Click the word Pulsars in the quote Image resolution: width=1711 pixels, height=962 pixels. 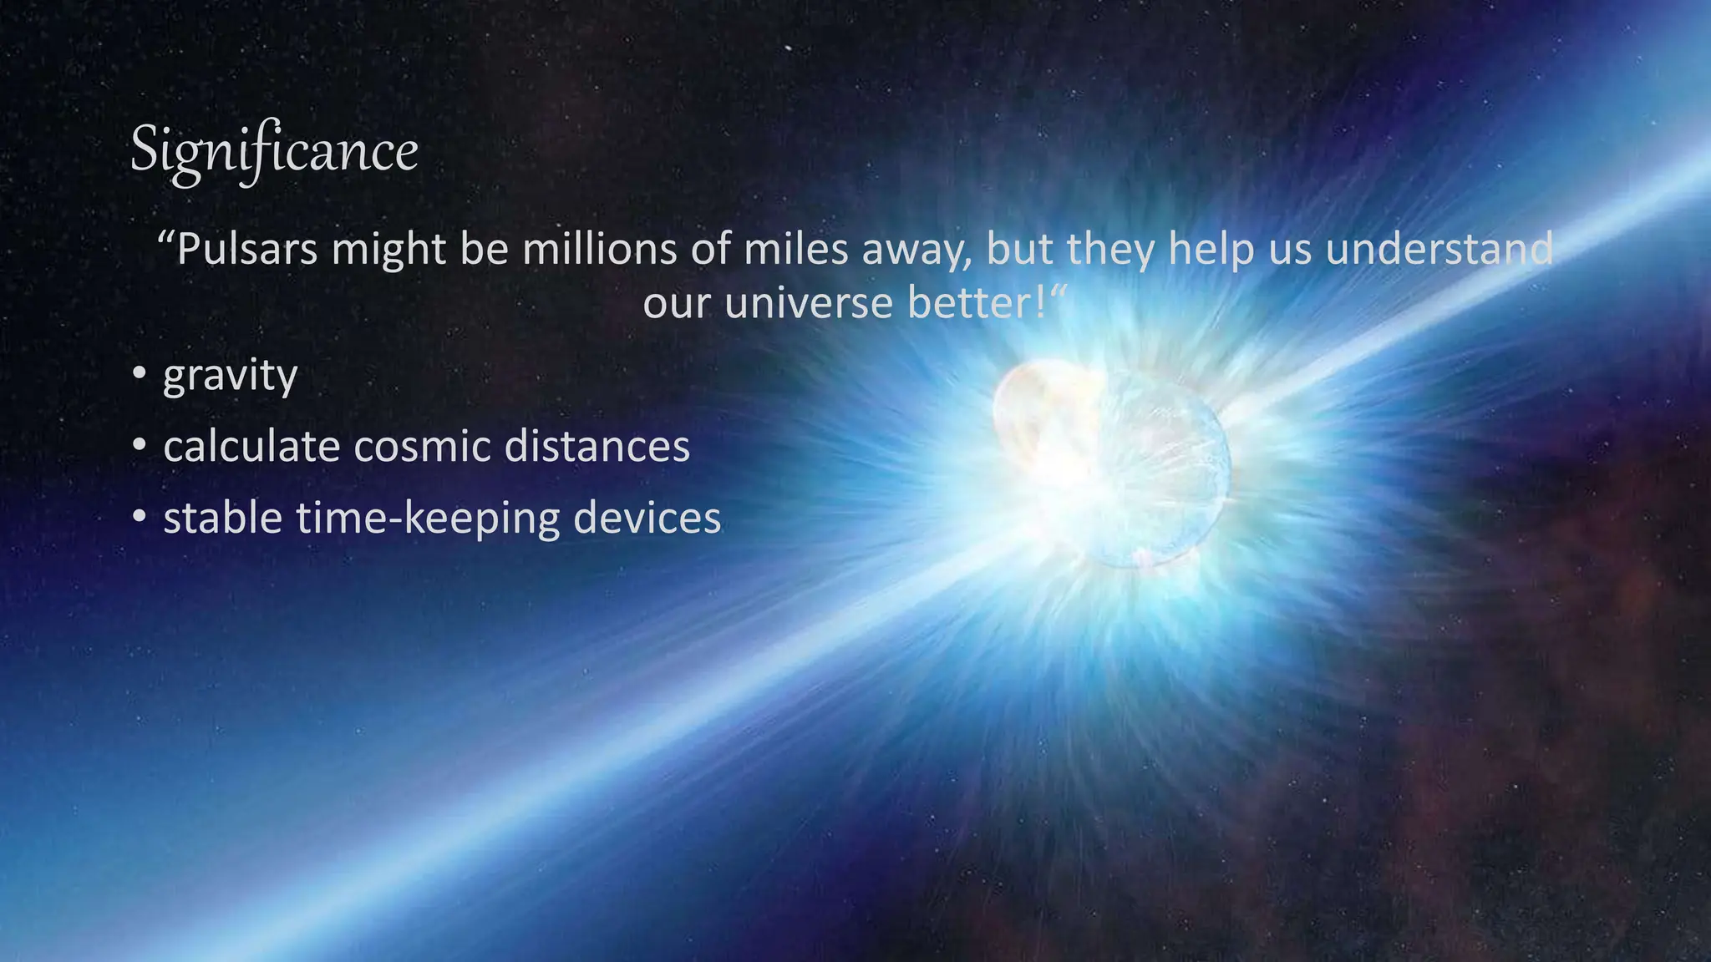247,250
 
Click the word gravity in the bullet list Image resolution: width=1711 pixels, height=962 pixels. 230,376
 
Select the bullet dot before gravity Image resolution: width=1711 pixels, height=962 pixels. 140,373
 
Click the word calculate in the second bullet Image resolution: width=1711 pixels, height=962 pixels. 251,446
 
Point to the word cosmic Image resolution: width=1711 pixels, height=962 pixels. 422,446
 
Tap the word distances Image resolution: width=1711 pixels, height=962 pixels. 597,446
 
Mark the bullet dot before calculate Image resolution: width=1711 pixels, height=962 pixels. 140,445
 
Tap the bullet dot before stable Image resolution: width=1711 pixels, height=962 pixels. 140,517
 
